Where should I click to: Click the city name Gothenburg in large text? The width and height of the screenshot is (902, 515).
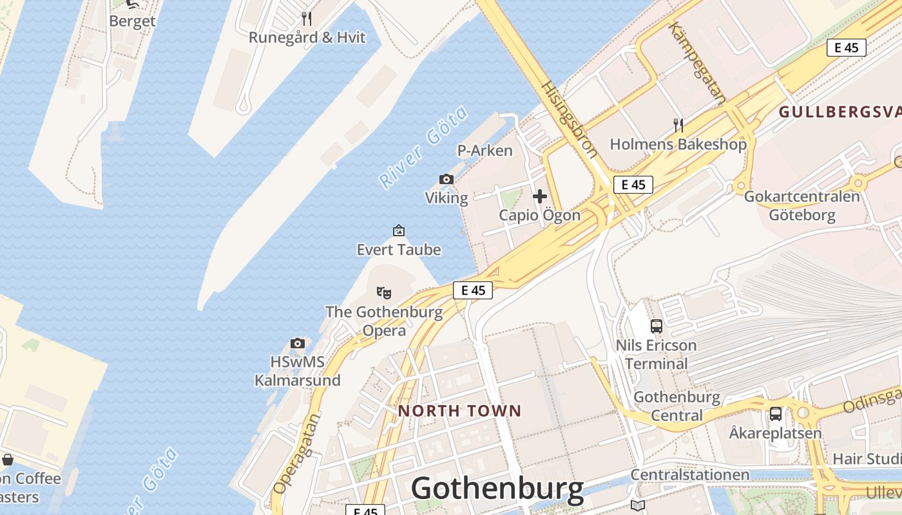(497, 489)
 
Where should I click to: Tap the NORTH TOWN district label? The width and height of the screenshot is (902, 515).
(459, 411)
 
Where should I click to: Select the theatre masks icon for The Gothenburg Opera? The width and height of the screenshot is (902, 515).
(384, 294)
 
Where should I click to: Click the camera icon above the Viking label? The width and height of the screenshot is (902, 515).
(446, 179)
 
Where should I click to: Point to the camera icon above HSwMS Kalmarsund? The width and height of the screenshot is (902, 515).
(297, 343)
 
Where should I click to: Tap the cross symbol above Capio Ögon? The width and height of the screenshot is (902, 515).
(540, 196)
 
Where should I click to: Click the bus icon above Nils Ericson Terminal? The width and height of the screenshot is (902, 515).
(656, 326)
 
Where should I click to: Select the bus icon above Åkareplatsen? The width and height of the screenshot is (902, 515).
(775, 414)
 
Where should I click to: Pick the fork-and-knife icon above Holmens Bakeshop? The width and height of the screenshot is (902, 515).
(678, 125)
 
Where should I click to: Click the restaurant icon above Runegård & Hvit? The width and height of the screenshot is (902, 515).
(307, 18)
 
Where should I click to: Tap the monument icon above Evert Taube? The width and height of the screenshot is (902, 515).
(399, 230)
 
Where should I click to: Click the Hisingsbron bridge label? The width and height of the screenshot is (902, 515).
(569, 119)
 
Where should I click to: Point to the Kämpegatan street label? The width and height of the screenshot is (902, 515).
(697, 62)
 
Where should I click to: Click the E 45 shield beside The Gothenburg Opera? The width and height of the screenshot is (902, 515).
(473, 290)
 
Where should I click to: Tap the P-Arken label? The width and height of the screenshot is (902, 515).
(485, 151)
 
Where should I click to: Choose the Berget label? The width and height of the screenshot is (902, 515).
(132, 21)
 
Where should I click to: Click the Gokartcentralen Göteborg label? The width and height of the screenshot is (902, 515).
(801, 205)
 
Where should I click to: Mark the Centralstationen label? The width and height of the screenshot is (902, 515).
(689, 475)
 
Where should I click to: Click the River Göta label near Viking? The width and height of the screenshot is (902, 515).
(423, 147)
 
